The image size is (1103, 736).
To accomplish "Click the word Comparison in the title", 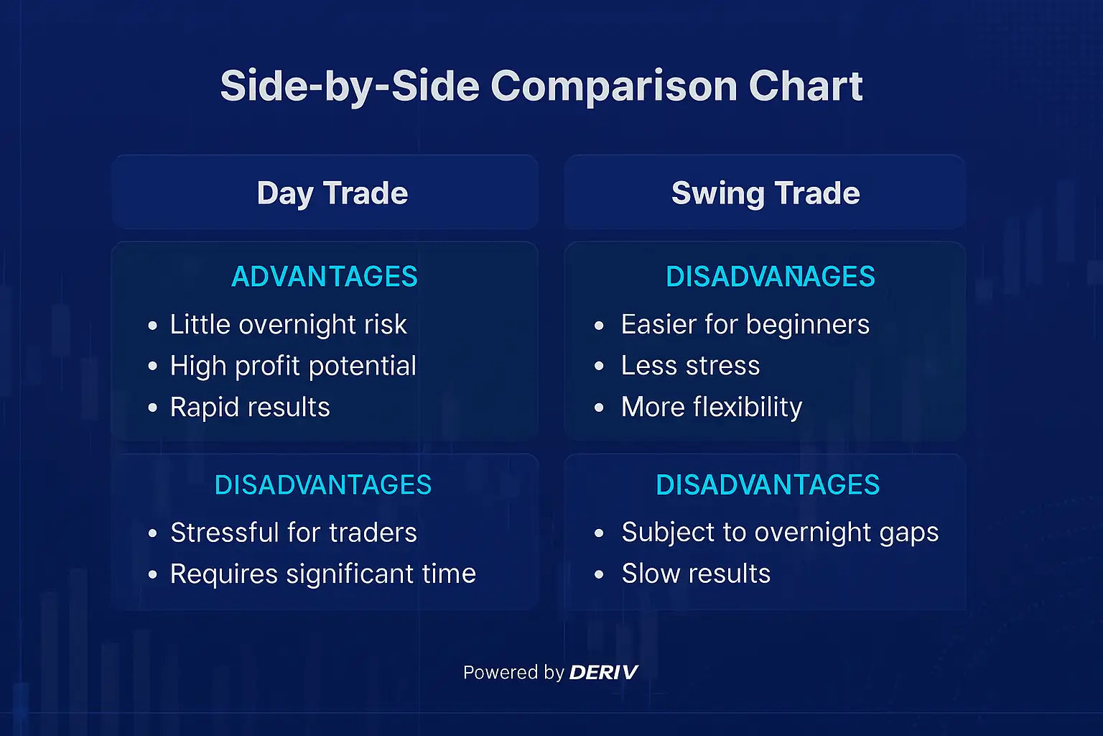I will point(613,87).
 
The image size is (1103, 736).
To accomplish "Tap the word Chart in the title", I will point(805,87).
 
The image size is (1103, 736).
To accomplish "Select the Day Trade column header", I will point(332,193).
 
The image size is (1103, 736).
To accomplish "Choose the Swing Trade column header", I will point(765,193).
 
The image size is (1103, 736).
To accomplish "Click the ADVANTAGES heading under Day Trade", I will point(324,277).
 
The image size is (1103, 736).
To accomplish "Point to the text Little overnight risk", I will point(288,325).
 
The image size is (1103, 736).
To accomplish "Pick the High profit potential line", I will point(293,366).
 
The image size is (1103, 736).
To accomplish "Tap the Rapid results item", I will point(250,408).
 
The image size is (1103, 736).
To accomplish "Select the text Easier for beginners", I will point(745,325).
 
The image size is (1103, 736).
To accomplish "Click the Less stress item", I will point(690,366).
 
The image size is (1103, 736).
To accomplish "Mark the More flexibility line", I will point(711,408).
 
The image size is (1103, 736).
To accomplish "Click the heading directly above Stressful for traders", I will point(323,485).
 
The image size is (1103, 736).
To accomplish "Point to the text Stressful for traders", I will point(293,533).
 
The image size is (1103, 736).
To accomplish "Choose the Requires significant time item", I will point(322,574).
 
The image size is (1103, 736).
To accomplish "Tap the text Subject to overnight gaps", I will point(780,533).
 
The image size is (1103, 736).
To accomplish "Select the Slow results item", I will point(696,574).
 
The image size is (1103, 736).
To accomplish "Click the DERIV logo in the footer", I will point(603,673).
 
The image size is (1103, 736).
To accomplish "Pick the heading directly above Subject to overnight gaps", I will point(768,485).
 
